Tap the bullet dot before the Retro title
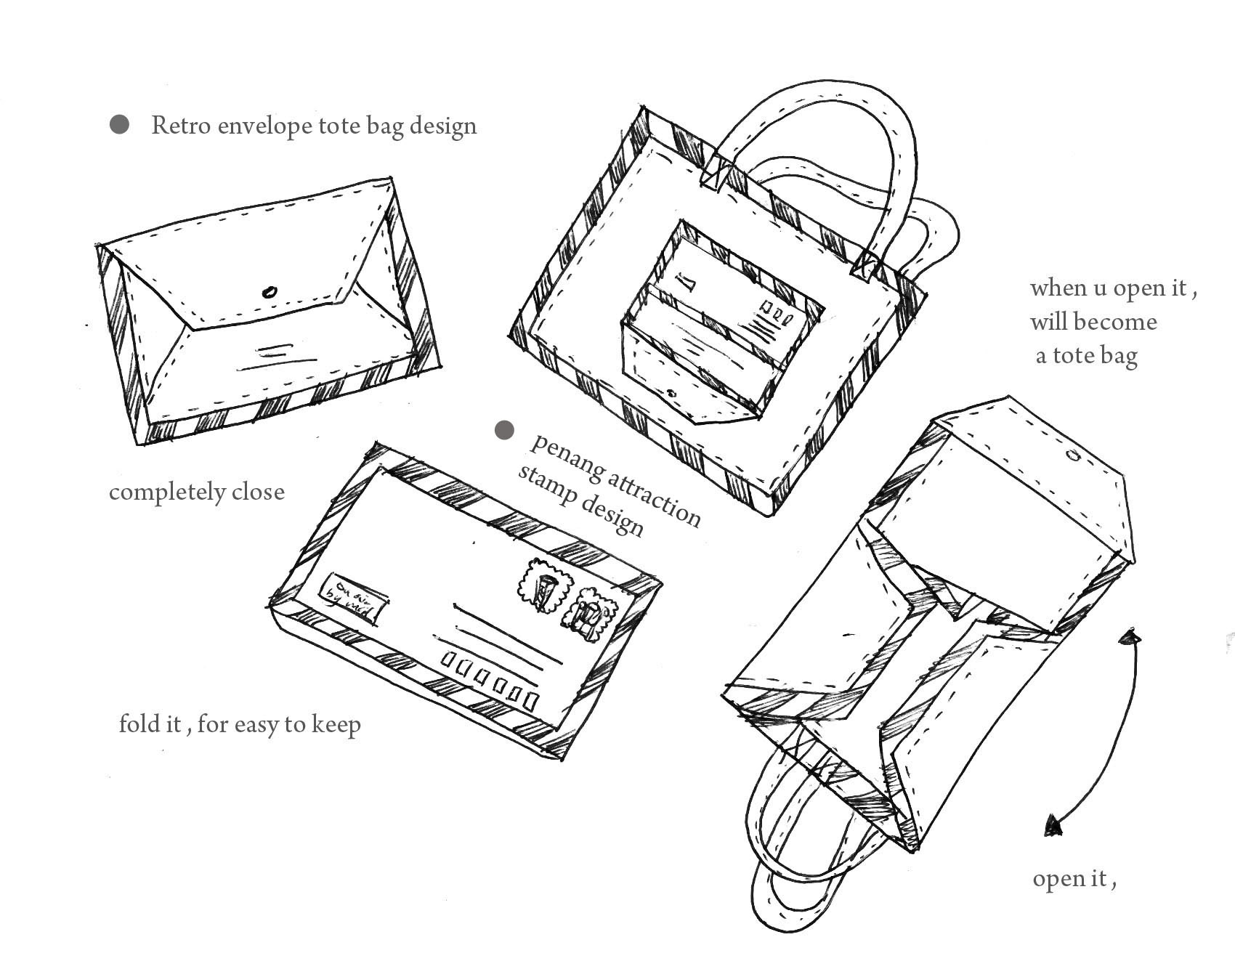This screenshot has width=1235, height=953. click(119, 125)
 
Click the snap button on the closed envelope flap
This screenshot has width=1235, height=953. click(269, 293)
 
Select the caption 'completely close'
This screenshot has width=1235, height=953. click(196, 492)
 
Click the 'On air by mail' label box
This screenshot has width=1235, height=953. click(355, 599)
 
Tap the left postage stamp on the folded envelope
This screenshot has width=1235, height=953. click(544, 586)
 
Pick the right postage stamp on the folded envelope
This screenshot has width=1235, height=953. click(590, 615)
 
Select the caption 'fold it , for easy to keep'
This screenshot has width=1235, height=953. click(240, 725)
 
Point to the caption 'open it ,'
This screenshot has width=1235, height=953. click(1074, 879)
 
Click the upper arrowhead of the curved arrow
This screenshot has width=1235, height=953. click(1130, 638)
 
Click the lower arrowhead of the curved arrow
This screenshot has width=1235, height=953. click(1053, 825)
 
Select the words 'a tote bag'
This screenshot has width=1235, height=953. click(1086, 356)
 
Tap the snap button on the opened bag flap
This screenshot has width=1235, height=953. click(1074, 456)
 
